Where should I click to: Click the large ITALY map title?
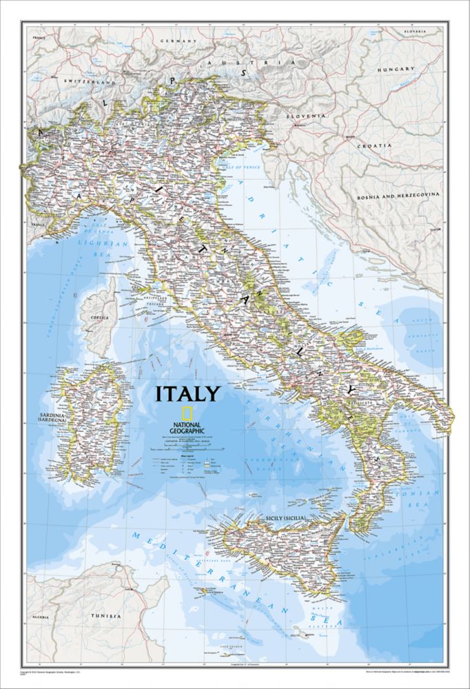click(x=187, y=394)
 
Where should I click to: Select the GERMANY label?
click(x=178, y=41)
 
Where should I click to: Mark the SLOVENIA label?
click(x=307, y=116)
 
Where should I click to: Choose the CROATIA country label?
click(x=374, y=145)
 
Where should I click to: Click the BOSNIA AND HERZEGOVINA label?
click(x=398, y=196)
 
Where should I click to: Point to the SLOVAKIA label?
click(x=416, y=32)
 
